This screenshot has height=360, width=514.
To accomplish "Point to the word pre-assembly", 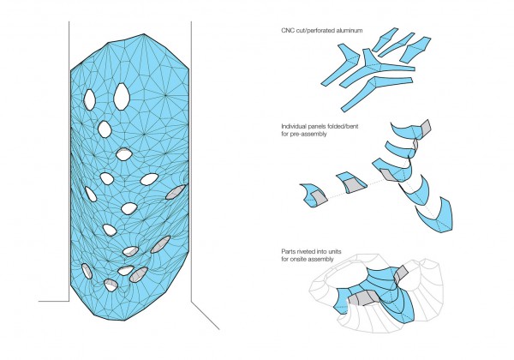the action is pyautogui.click(x=308, y=134).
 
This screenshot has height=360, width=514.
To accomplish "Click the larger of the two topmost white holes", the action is pyautogui.click(x=122, y=96).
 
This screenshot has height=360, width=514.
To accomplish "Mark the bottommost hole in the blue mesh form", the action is pyautogui.click(x=111, y=285).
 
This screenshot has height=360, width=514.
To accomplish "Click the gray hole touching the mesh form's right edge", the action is pyautogui.click(x=176, y=191).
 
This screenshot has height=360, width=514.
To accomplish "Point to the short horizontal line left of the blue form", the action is pyautogui.click(x=54, y=301).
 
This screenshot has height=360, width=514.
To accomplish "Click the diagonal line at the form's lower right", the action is pyautogui.click(x=206, y=315).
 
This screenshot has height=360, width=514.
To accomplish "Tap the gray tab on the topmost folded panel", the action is pyautogui.click(x=425, y=128).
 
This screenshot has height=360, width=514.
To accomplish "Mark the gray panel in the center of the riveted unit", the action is pyautogui.click(x=362, y=297).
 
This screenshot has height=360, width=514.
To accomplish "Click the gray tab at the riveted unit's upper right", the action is pyautogui.click(x=400, y=273).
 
